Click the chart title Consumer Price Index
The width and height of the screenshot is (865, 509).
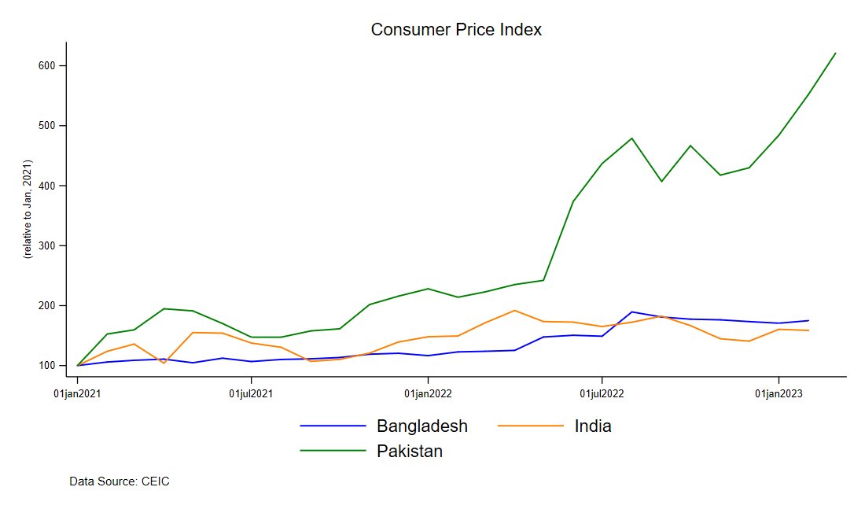coord(456,30)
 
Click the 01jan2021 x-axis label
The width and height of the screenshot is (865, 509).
coord(77,393)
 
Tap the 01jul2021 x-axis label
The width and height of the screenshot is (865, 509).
coord(251,393)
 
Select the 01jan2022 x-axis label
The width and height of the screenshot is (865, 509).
coord(428,393)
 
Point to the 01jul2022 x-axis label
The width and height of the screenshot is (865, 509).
coord(602,393)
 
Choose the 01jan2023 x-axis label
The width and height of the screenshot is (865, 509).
coord(778,393)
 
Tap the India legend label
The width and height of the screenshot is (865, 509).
coord(593,426)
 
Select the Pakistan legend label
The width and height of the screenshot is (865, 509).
coord(410,452)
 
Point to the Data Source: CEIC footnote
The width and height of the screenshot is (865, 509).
coord(120,481)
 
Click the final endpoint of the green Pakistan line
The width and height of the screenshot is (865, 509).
coord(835,53)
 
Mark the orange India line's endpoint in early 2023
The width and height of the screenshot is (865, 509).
coord(808,330)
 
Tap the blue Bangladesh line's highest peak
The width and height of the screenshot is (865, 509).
coord(631,312)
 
